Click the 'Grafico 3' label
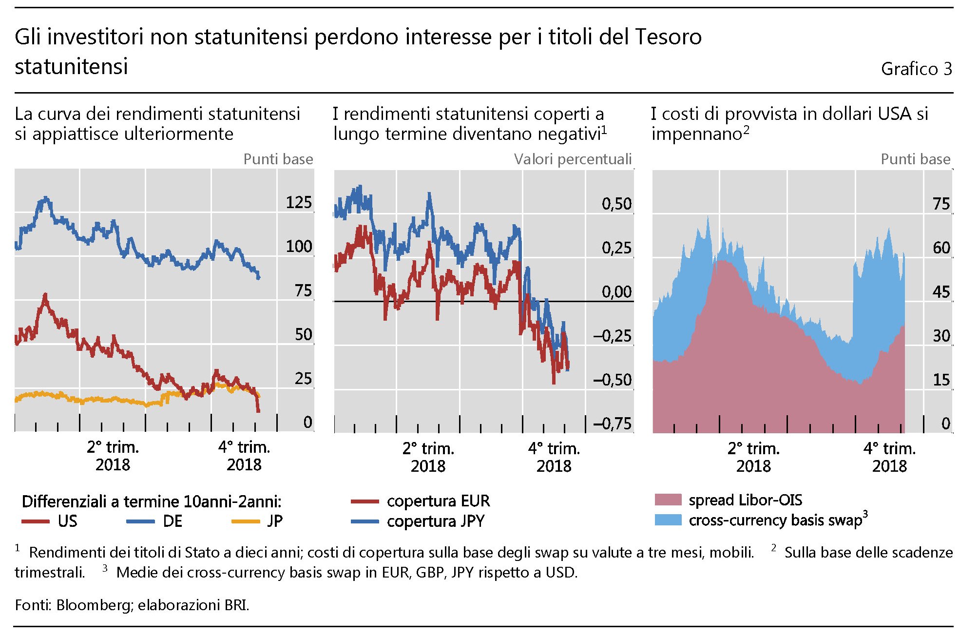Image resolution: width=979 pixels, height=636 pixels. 916,69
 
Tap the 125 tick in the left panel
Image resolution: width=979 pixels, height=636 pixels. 298,202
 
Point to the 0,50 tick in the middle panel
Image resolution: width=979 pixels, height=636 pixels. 616,204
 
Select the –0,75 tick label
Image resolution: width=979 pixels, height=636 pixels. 613,424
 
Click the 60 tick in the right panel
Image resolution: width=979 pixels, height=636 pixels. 941,248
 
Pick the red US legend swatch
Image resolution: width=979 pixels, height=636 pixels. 36,521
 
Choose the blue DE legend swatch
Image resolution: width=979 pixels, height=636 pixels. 140,521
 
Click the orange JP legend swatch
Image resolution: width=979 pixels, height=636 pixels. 246,521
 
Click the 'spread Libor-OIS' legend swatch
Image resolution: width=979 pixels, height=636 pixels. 668,500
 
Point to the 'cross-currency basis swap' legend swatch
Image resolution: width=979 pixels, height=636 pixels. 668,520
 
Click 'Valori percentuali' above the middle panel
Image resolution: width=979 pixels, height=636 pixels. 573,159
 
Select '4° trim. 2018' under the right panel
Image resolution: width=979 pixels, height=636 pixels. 889,457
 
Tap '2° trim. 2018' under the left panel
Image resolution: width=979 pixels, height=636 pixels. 113,456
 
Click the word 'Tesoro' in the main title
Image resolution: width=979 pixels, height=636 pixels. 667,37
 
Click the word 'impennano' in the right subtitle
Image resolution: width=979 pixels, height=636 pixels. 696,134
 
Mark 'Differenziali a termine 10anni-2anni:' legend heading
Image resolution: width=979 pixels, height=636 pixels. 152,501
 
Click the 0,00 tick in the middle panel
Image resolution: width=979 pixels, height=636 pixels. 616,292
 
